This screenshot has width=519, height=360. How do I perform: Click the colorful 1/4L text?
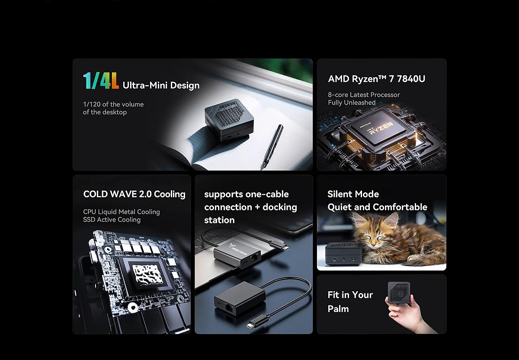tap(101, 80)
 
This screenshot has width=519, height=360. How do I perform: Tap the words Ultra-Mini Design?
tap(161, 86)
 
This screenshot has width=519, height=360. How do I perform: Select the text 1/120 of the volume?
tap(113, 105)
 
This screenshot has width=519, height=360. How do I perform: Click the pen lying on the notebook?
tap(272, 147)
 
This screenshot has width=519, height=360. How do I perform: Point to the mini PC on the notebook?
tap(229, 120)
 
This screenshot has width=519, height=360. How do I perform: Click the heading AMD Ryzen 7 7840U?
tap(377, 79)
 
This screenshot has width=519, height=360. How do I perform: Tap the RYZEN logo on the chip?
tap(381, 128)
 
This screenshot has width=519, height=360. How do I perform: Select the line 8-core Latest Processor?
tap(364, 95)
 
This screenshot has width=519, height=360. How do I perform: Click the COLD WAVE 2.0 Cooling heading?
tap(135, 194)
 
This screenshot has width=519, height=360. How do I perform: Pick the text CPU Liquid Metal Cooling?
tap(122, 212)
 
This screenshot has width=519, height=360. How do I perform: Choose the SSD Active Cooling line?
tap(112, 220)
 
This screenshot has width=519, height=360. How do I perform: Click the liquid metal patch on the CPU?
tap(147, 275)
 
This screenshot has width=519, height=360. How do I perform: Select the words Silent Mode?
tap(353, 194)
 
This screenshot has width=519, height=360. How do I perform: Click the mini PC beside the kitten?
tap(344, 255)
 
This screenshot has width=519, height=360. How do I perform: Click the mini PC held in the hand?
tap(399, 293)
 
